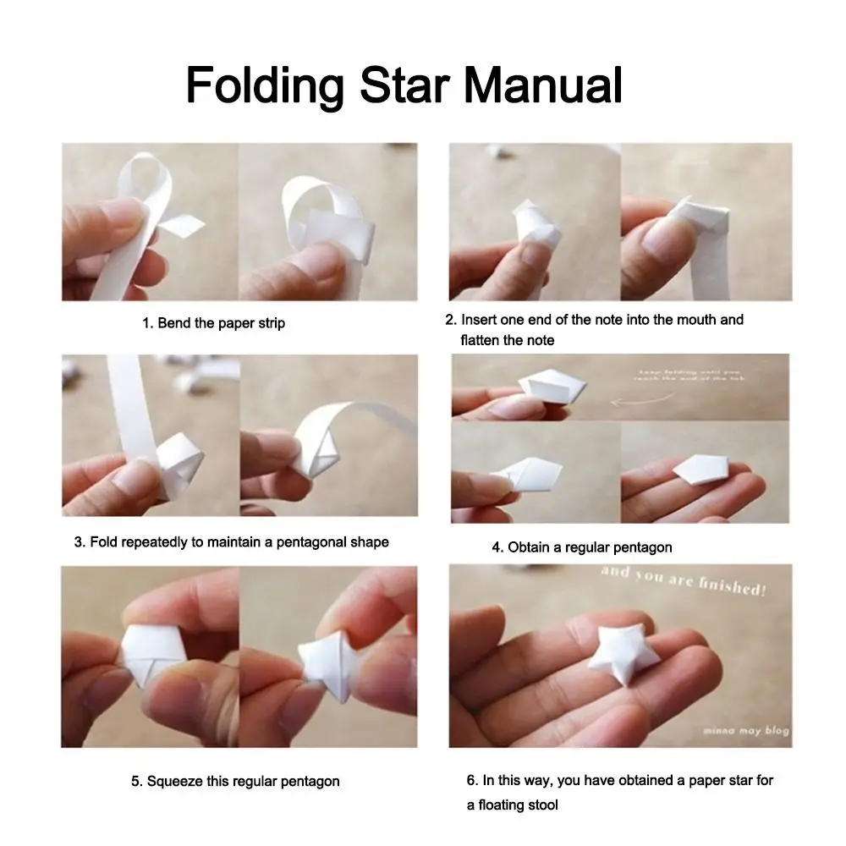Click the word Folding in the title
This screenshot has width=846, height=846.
(x=264, y=85)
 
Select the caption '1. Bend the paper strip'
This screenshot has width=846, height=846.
(x=213, y=323)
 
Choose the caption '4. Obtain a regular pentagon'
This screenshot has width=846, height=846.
(x=582, y=547)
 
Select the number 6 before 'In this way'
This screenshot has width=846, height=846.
(x=470, y=780)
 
